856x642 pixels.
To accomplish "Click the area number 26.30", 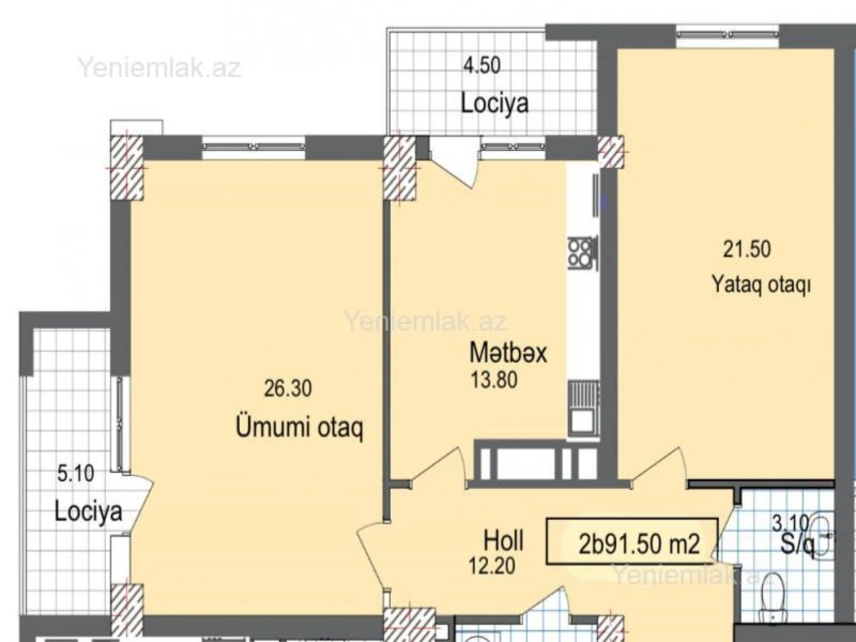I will coord(288,388).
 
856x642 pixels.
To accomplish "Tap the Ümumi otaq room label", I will coord(299,428).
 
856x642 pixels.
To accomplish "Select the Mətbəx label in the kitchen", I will coord(508,354).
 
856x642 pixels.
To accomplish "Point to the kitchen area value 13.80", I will coord(494,380).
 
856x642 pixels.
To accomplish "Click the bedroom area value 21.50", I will coord(747,249).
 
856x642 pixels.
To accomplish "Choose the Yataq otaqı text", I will coord(761,285).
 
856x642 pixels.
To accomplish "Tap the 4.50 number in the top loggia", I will coord(482,65).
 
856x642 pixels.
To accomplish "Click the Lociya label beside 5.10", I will coord(88,512).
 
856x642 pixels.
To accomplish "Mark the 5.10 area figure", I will coord(76,473).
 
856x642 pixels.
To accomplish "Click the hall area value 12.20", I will coord(492,567).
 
